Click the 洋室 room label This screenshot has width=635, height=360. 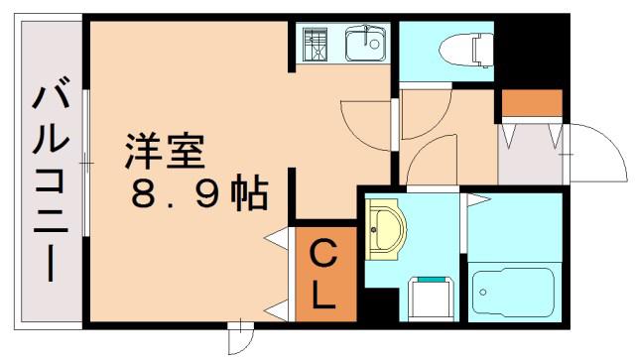[x=165, y=151]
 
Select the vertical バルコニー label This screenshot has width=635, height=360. [x=51, y=178]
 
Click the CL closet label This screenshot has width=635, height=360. [x=324, y=274]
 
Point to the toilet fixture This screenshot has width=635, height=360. [x=466, y=51]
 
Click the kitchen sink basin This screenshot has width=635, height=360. [x=365, y=43]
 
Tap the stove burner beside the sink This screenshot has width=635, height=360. [x=315, y=45]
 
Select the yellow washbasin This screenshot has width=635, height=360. [x=384, y=229]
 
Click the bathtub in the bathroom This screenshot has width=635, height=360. [x=513, y=292]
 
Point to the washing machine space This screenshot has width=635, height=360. [x=430, y=299]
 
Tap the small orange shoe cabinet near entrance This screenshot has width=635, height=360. [x=532, y=103]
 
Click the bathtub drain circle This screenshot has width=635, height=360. [x=482, y=292]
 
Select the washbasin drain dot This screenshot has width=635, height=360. [x=373, y=230]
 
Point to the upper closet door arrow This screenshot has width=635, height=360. [x=278, y=238]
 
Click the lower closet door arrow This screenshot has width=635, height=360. [x=278, y=310]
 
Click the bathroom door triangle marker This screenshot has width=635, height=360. [x=478, y=199]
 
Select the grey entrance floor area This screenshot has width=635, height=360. [x=530, y=155]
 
